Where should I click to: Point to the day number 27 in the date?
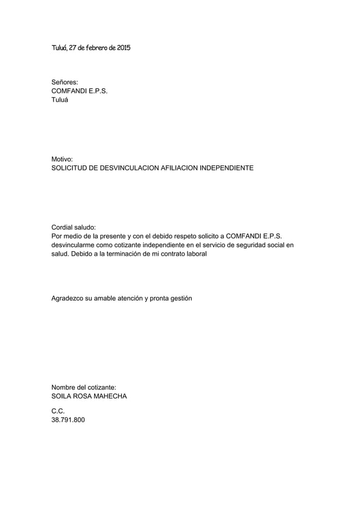click(x=74, y=48)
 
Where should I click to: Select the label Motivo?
click(x=63, y=160)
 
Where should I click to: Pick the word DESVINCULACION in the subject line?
click(x=128, y=169)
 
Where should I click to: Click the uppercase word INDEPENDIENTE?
click(x=226, y=169)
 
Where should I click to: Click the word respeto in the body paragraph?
click(x=168, y=236)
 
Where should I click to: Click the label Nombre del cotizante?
click(x=84, y=387)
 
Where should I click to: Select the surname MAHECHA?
click(x=109, y=396)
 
